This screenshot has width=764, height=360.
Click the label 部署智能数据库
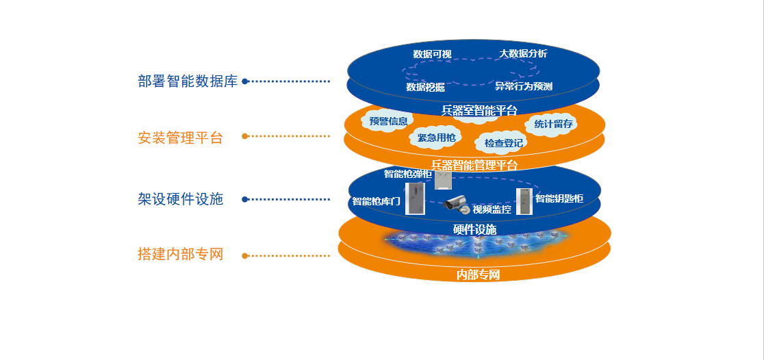[x=188, y=81]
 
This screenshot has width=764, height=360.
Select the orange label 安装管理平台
[x=180, y=138]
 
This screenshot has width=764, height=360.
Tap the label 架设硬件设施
[x=180, y=199]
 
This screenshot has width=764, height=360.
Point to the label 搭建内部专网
[x=180, y=255]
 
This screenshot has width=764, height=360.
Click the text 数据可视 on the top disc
[x=432, y=54]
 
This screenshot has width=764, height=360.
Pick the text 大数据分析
[x=523, y=53]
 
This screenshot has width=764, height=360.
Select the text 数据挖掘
[x=425, y=87]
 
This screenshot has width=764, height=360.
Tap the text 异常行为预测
[x=524, y=87]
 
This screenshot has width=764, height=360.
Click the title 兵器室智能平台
[x=479, y=110]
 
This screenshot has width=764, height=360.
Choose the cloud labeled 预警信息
[x=388, y=121]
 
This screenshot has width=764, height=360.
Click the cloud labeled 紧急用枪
[x=436, y=138]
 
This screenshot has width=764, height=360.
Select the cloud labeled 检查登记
[x=503, y=143]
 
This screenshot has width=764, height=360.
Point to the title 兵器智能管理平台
[x=474, y=165]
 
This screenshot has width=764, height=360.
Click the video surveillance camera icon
[x=457, y=203]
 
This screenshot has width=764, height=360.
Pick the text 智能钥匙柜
[x=559, y=198]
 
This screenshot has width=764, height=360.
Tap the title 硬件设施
[x=474, y=229]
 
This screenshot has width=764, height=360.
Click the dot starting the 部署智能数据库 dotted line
[x=245, y=81]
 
